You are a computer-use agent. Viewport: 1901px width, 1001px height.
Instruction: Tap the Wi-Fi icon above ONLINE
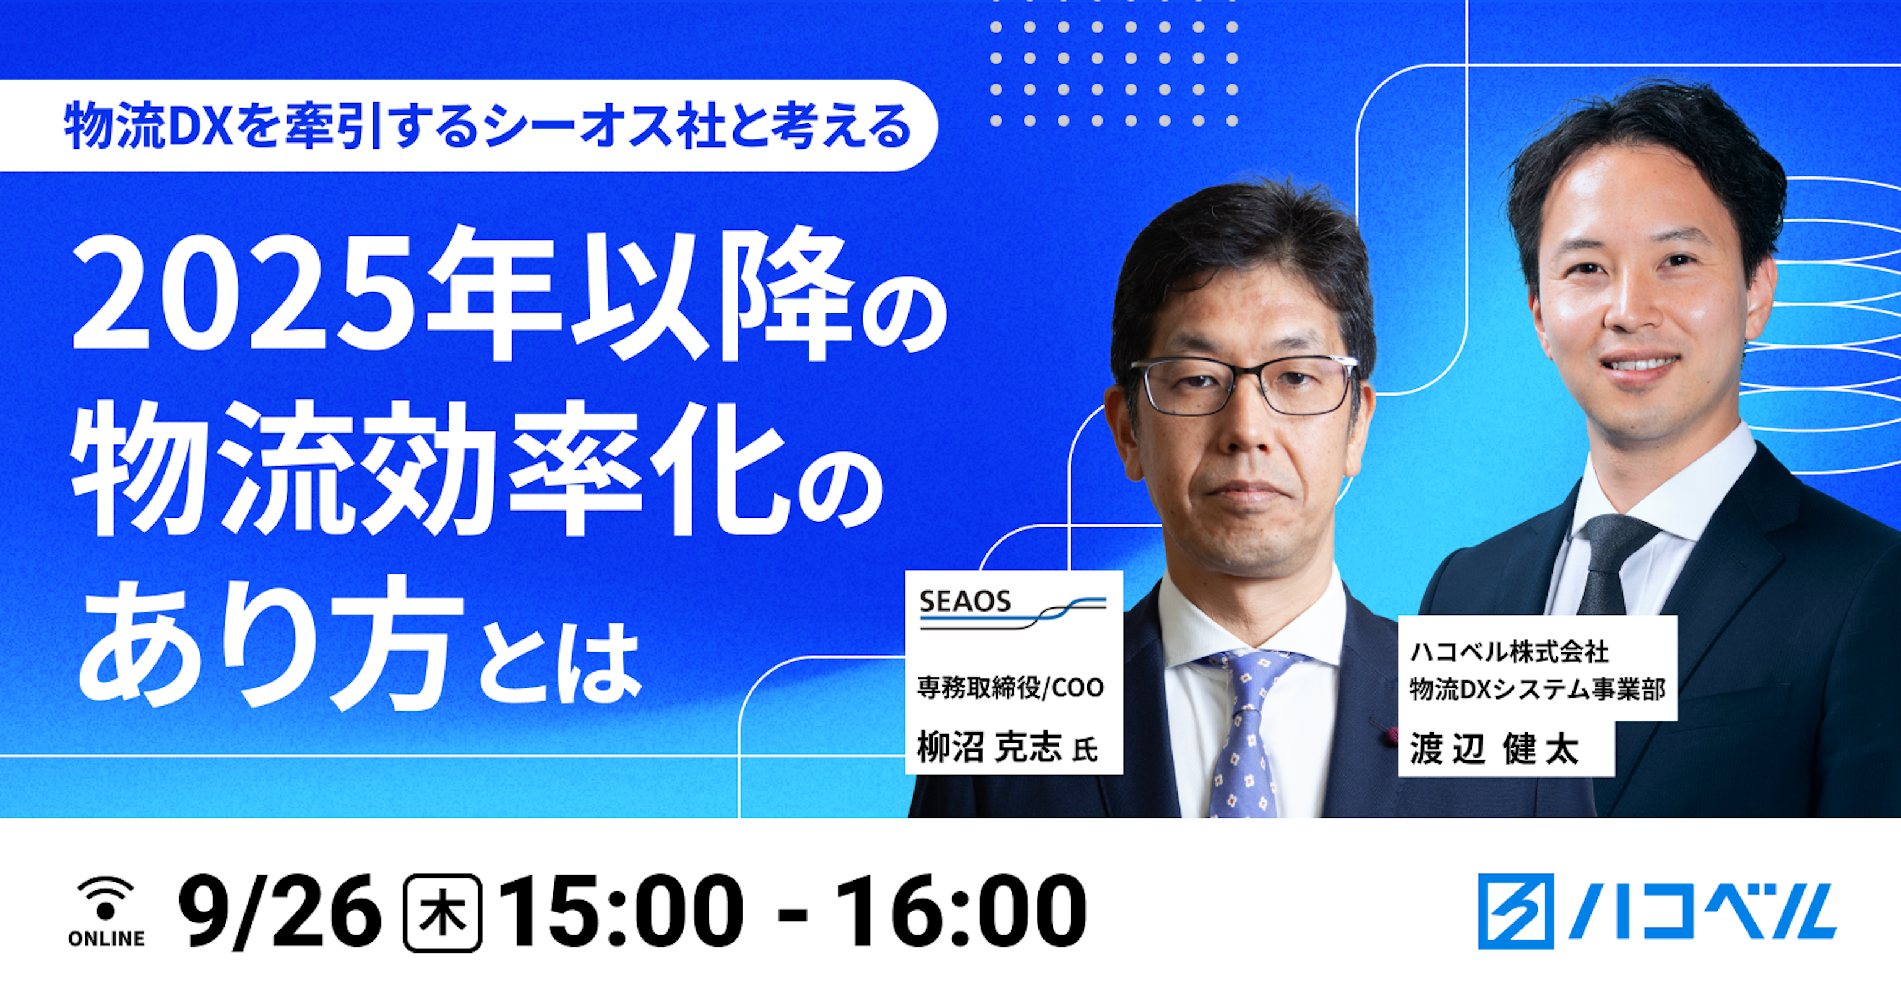pyautogui.click(x=106, y=898)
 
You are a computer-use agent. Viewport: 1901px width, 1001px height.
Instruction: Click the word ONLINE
pyautogui.click(x=106, y=938)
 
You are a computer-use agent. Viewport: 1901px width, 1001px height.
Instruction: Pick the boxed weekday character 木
pyautogui.click(x=442, y=913)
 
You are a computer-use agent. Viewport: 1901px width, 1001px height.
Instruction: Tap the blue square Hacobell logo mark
pyautogui.click(x=1515, y=911)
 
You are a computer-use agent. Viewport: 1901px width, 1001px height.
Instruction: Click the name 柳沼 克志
pyautogui.click(x=989, y=748)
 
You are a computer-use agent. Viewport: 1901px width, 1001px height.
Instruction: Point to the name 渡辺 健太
pyautogui.click(x=1494, y=748)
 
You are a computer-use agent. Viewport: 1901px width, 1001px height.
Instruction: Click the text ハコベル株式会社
pyautogui.click(x=1509, y=652)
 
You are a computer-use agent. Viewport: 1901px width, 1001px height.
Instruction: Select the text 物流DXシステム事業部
pyautogui.click(x=1538, y=690)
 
